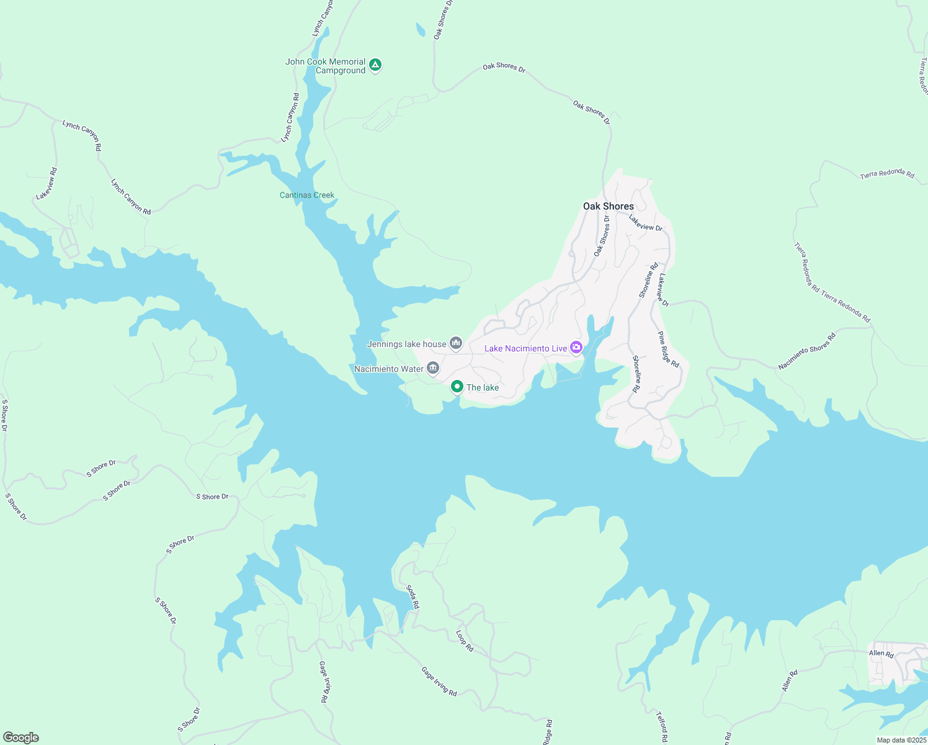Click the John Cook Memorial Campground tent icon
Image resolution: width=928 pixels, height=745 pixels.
tap(375, 65)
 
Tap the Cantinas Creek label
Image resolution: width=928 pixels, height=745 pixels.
tap(307, 195)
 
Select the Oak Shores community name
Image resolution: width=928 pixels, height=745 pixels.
tap(609, 206)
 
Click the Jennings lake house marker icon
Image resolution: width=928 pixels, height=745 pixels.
tap(456, 343)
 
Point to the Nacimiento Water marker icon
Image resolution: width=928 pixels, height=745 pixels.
tap(433, 368)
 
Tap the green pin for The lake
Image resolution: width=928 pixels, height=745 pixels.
tap(457, 387)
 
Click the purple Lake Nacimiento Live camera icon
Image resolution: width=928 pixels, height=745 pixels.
tap(576, 347)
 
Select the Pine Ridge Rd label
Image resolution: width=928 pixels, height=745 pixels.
tap(669, 349)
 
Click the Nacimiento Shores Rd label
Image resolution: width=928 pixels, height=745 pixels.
tap(807, 351)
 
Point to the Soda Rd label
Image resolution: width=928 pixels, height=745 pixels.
tap(413, 596)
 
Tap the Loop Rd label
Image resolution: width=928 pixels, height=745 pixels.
tap(465, 641)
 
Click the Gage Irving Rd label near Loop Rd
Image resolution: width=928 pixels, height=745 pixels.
tap(439, 681)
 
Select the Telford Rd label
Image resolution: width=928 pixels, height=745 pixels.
tap(662, 726)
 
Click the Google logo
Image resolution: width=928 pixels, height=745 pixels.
tap(20, 738)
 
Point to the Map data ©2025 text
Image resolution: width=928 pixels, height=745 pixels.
tap(901, 740)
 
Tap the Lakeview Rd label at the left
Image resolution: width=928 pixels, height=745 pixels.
tap(47, 184)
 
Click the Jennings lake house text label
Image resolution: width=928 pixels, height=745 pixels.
tap(407, 344)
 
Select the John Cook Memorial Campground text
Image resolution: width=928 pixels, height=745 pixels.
tap(326, 66)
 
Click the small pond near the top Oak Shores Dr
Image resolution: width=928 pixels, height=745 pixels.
tap(421, 29)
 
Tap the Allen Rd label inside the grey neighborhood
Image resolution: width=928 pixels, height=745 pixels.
tap(881, 653)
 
